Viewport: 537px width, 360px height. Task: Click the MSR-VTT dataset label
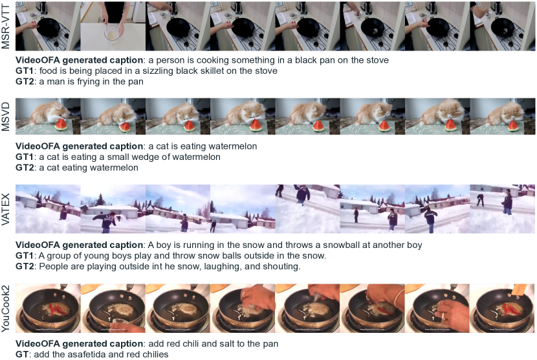tap(5, 26)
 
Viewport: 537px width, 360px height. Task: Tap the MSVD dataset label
tap(5, 117)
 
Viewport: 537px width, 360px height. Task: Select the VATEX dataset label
tap(5, 208)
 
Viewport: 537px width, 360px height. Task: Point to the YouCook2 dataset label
tap(5, 309)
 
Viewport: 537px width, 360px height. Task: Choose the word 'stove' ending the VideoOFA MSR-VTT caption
tap(377, 60)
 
